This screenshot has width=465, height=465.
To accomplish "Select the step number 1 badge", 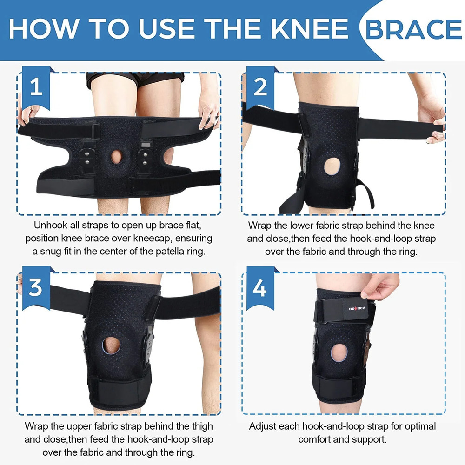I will pyautogui.click(x=36, y=87).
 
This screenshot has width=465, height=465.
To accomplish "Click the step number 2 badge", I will pyautogui.click(x=260, y=87).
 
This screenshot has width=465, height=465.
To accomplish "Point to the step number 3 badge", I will pyautogui.click(x=36, y=288).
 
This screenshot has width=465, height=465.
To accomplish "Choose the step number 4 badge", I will pyautogui.click(x=260, y=288).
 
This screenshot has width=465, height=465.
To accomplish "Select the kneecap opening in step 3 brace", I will pyautogui.click(x=112, y=346).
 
